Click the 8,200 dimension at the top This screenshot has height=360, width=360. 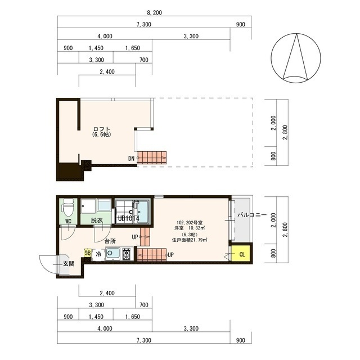tap(154, 12)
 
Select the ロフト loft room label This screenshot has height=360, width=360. tap(102, 129)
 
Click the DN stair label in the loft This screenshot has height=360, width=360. tap(131, 159)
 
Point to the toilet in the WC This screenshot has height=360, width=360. tap(68, 208)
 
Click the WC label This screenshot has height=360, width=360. tap(68, 221)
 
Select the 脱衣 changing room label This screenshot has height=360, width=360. tap(97, 220)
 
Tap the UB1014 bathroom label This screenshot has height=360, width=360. tap(128, 218)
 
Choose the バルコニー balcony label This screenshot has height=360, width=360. tap(252, 215)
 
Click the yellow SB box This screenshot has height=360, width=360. tap(88, 253)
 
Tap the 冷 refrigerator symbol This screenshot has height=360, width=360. tap(98, 254)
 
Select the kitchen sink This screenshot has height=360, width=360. tap(112, 254)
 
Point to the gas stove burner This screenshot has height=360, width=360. tap(126, 254)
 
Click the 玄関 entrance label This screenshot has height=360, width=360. tap(69, 264)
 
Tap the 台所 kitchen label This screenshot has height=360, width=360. tap(110, 241)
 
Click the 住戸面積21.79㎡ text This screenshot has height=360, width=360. tap(190, 240)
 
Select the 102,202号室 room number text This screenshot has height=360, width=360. tap(190, 223)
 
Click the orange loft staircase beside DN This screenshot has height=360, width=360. tap(152, 157)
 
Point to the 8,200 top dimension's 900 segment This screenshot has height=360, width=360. tap(240, 24)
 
